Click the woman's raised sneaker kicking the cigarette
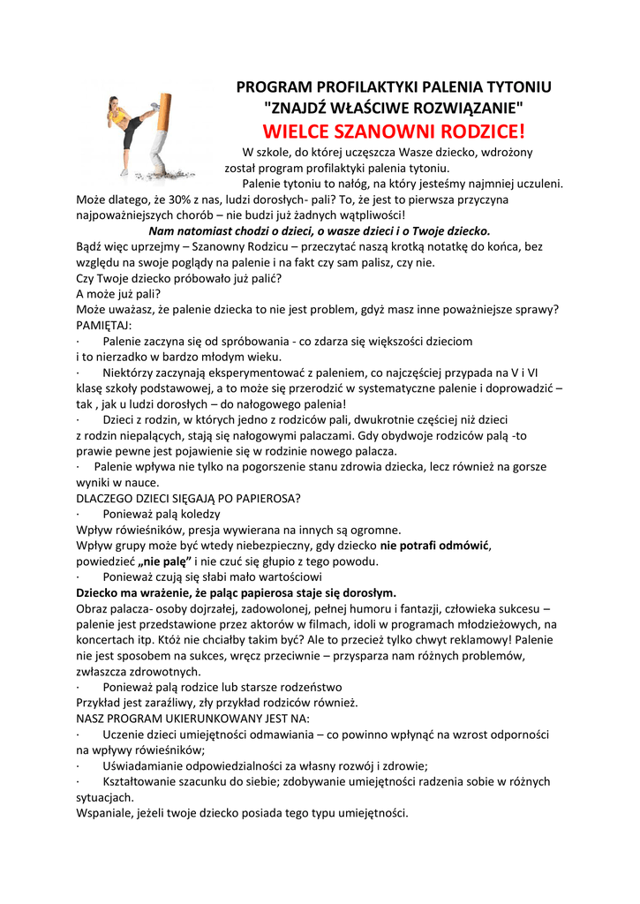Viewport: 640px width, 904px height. [153, 107]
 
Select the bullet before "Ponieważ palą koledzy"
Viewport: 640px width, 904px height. [79, 515]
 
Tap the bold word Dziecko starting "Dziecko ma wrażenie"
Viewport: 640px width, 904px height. [100, 592]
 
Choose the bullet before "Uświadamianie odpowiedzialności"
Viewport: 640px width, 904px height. [79, 766]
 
